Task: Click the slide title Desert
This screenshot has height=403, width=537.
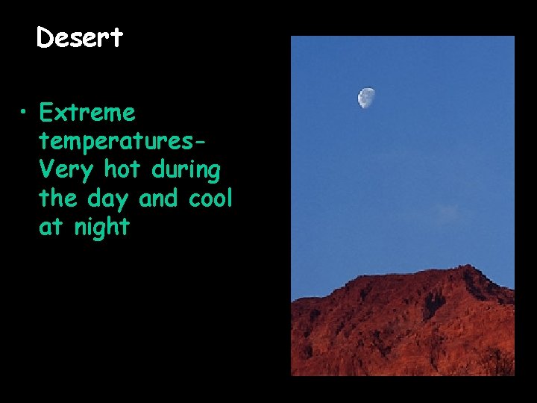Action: point(79,38)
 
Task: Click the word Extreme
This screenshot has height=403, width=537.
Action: point(87,113)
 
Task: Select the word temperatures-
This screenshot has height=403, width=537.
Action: point(123,142)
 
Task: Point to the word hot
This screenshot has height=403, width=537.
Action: point(125,170)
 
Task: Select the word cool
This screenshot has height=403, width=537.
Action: point(211,199)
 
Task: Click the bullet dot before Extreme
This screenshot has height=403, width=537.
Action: point(25,114)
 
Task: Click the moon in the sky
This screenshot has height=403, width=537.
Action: point(366,97)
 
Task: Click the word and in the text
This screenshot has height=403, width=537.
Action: point(160,199)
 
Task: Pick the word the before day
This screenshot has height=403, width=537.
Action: point(57,199)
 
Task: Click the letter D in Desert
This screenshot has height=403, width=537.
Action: point(45,38)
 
